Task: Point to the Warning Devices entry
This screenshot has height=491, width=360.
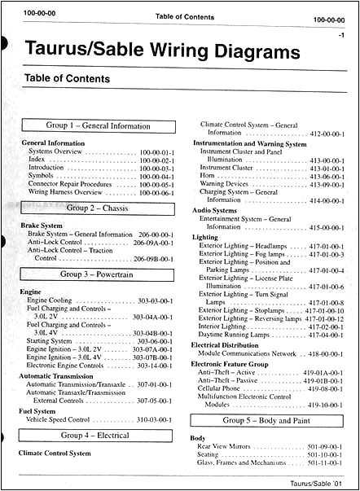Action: (x=225, y=185)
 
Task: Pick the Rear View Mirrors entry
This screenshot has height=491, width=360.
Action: (x=230, y=447)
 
